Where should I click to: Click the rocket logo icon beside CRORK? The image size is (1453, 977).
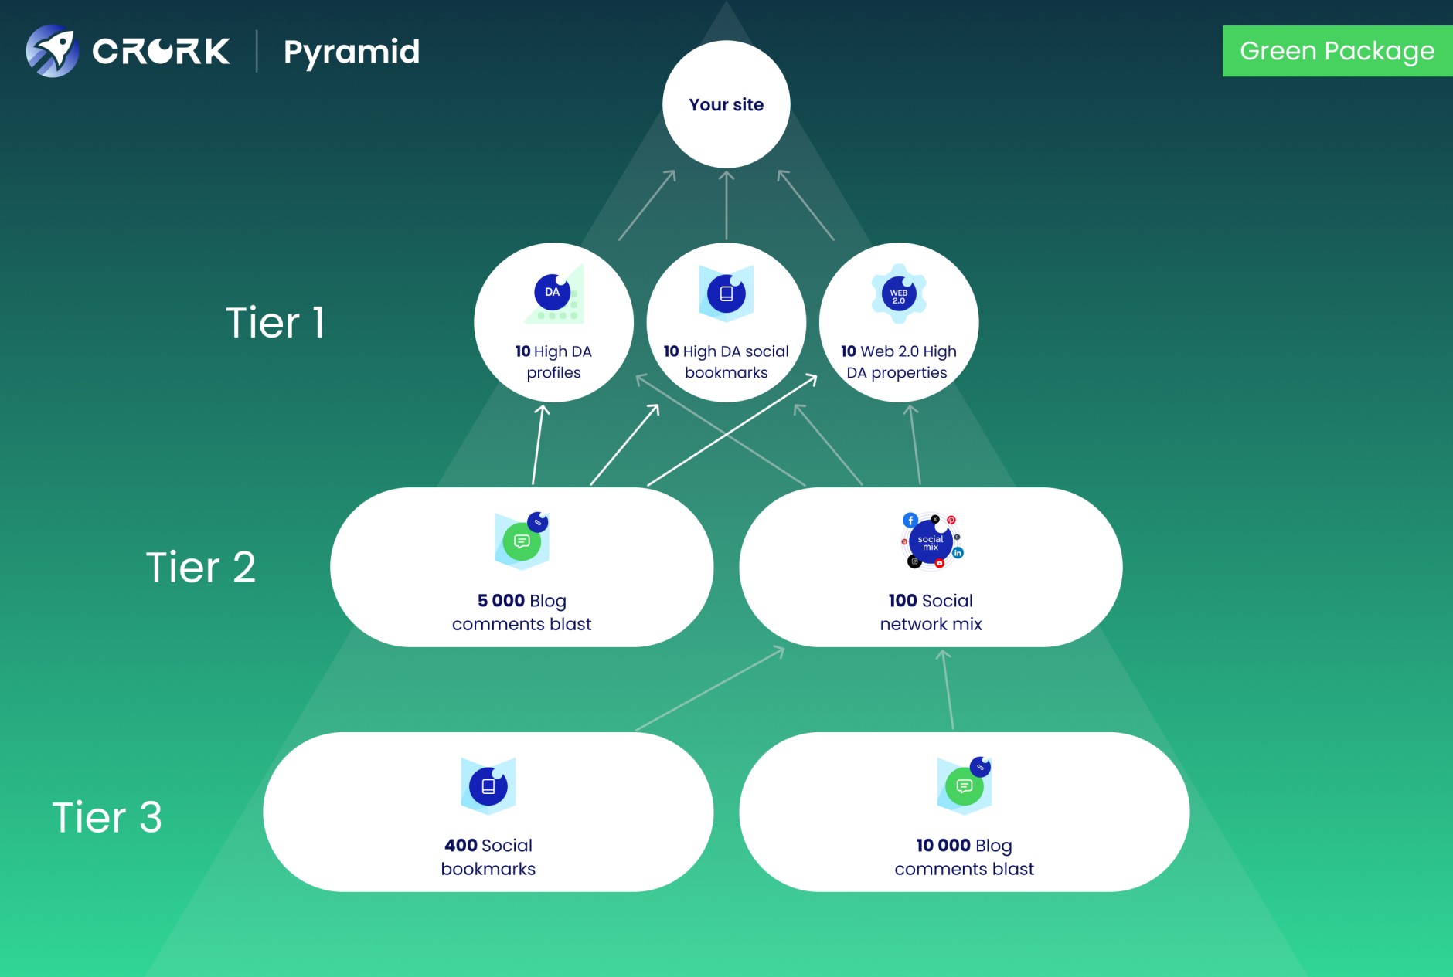tap(52, 51)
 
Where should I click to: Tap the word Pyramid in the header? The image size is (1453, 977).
tap(352, 53)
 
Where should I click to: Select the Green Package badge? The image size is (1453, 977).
tap(1336, 51)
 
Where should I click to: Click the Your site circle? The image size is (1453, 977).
tap(726, 104)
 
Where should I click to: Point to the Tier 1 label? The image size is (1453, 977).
tap(274, 322)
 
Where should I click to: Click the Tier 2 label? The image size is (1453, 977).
tap(200, 567)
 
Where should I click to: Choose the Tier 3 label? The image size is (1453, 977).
tap(107, 817)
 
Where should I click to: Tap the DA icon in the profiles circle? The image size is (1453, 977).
tap(553, 293)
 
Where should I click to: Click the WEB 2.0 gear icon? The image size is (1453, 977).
tap(898, 294)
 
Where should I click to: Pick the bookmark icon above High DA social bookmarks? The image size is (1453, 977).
tap(726, 293)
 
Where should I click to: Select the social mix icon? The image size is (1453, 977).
tap(931, 542)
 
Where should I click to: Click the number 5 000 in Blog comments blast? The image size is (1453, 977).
tap(501, 601)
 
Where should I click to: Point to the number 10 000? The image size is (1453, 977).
tap(943, 846)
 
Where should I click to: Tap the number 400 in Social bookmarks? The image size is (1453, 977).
tap(461, 846)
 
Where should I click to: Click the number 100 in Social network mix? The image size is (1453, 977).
tap(902, 601)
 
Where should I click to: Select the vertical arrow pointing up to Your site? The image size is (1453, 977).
tap(726, 205)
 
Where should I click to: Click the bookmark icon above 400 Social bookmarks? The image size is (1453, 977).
tap(488, 786)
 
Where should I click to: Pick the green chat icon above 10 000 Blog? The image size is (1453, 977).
tap(964, 786)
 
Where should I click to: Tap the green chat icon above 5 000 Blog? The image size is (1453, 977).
tap(522, 541)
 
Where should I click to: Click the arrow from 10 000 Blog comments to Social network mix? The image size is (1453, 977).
tap(948, 689)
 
